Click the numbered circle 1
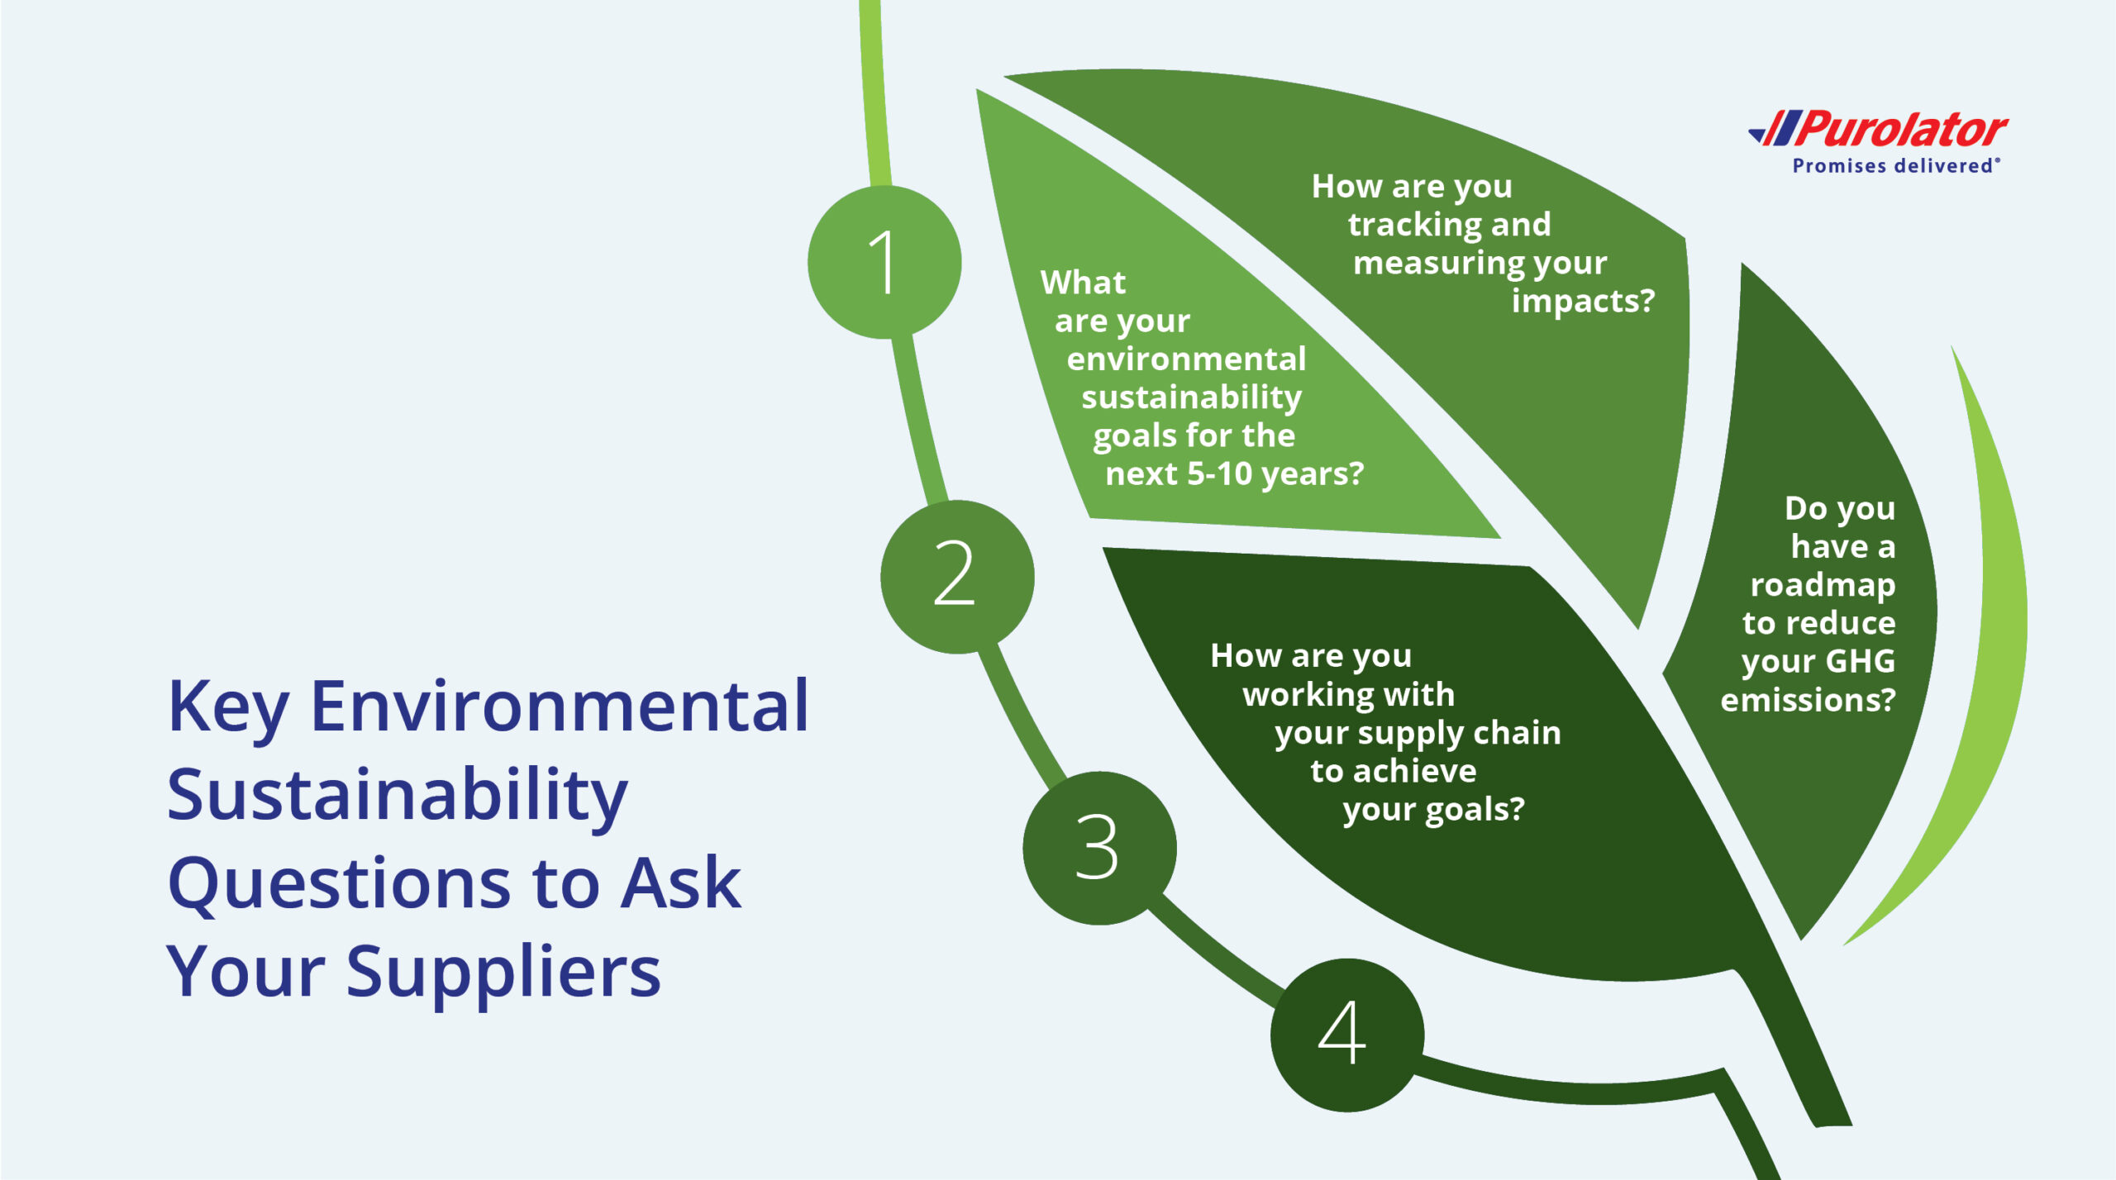pyautogui.click(x=884, y=262)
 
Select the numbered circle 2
pyautogui.click(x=956, y=576)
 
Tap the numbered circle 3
pyautogui.click(x=1099, y=847)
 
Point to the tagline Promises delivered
pyautogui.click(x=1893, y=166)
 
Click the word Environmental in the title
pyautogui.click(x=560, y=707)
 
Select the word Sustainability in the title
pyautogui.click(x=397, y=796)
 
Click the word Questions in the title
pyautogui.click(x=339, y=883)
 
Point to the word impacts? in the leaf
pyautogui.click(x=1583, y=301)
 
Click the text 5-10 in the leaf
pyautogui.click(x=1220, y=474)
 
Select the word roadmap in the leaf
pyautogui.click(x=1823, y=585)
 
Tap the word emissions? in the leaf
pyautogui.click(x=1808, y=700)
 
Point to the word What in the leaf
pyautogui.click(x=1083, y=283)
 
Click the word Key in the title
pyautogui.click(x=227, y=708)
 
